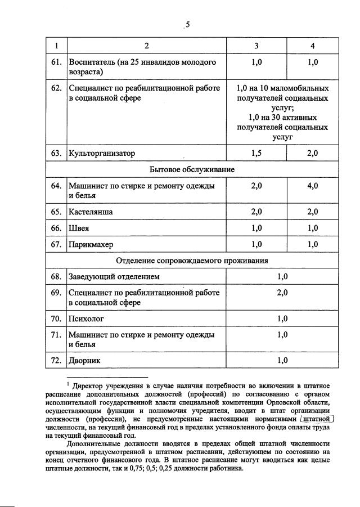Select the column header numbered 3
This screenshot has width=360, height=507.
256,45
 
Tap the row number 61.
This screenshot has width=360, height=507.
55,62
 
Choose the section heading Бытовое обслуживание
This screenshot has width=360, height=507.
192,169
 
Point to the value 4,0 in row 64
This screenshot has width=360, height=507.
313,185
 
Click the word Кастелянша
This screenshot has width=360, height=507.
90,212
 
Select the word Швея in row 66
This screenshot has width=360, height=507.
79,228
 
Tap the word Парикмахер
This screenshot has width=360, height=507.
92,244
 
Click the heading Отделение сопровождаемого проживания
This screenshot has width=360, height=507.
192,261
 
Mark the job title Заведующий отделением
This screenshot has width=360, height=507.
114,276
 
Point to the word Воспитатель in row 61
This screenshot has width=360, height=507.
92,62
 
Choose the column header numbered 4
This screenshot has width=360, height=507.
313,45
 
